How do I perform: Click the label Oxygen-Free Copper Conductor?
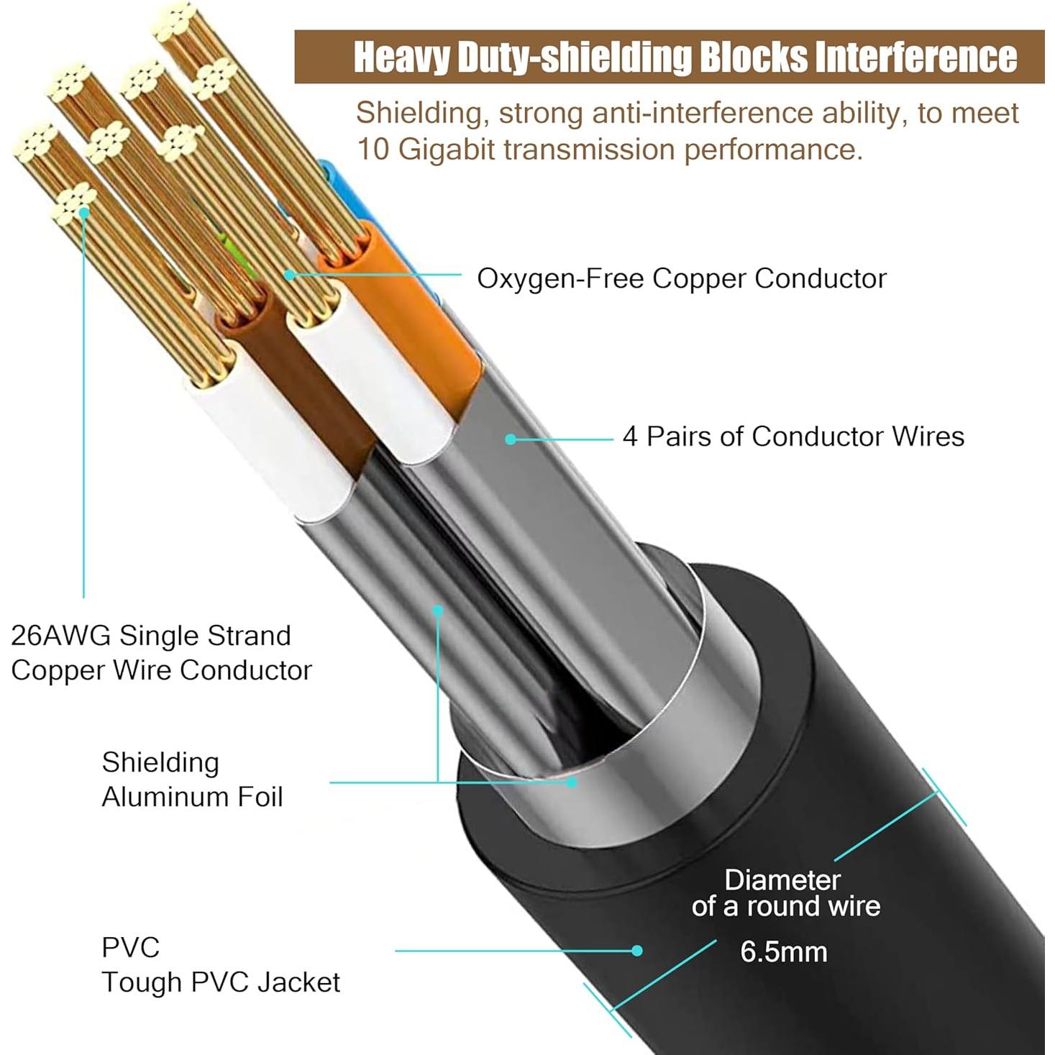pos(681,278)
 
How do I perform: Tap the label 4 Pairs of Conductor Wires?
pos(793,437)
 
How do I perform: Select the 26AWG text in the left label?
pos(60,636)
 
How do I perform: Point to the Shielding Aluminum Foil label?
pos(192,780)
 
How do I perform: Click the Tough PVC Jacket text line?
pos(220,982)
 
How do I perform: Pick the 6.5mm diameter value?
pos(783,951)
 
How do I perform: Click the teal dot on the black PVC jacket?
pos(636,951)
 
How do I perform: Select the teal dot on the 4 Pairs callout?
pos(510,439)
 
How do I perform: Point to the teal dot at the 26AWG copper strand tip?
pos(84,212)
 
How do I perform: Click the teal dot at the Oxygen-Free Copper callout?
pos(289,275)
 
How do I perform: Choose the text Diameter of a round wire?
pos(785,893)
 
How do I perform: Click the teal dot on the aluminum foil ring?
pos(572,782)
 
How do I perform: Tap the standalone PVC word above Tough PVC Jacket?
pos(130,947)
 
